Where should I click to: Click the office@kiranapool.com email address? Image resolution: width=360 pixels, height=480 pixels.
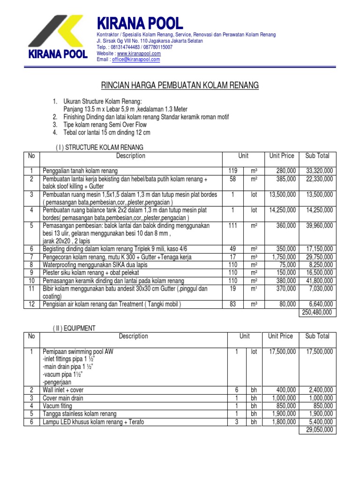pos(135,60)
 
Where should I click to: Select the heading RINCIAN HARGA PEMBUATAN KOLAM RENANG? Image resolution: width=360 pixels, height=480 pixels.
pos(180,85)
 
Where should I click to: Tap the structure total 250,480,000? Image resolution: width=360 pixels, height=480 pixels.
pos(316,313)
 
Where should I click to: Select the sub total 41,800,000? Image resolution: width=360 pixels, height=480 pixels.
pos(319,281)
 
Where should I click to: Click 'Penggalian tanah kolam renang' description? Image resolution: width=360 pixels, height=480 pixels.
pos(80,171)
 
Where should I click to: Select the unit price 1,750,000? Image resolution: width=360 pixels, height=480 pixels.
pos(282,257)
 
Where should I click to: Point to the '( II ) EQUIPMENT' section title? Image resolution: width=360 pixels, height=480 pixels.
pos(74,328)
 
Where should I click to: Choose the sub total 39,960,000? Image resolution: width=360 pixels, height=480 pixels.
pos(319,226)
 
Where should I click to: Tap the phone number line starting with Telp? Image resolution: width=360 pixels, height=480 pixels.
pos(135,47)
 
